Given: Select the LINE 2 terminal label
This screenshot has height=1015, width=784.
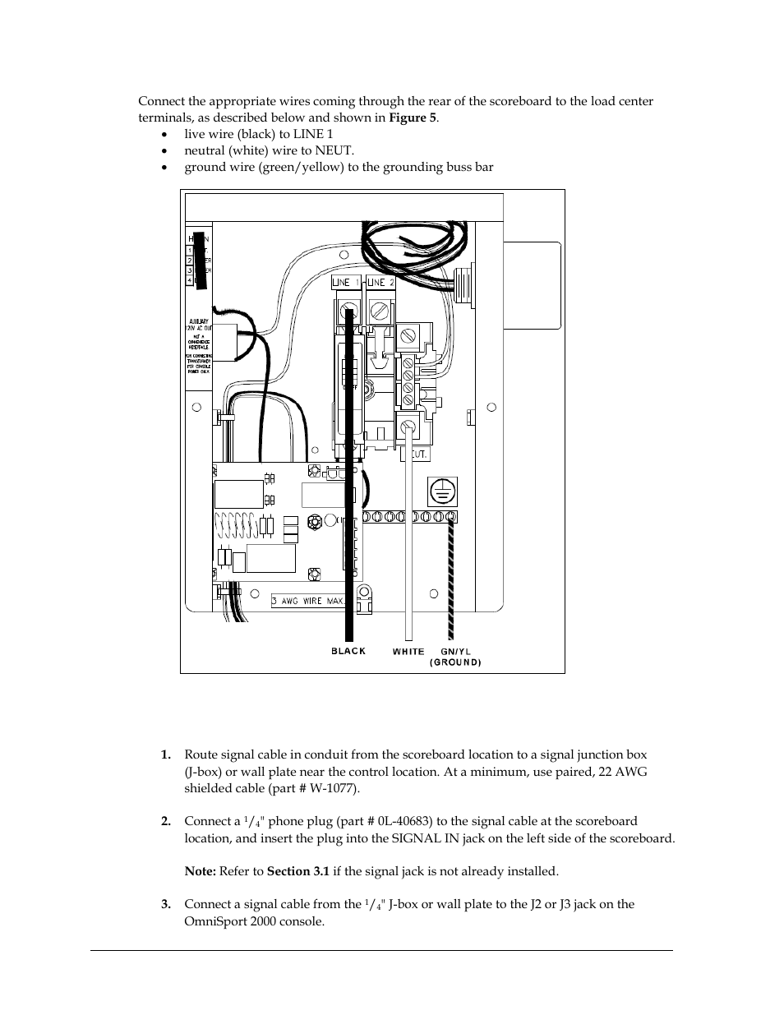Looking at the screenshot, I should [x=380, y=283].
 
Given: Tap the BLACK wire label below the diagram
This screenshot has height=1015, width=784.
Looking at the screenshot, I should [x=348, y=651].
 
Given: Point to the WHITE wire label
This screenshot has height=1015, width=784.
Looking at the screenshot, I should [x=408, y=651].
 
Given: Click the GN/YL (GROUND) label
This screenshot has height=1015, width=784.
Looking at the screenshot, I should [x=455, y=657].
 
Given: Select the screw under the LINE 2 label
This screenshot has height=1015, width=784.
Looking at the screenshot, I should [x=379, y=310].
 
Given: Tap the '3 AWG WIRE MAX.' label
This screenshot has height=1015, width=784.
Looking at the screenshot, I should [x=307, y=601].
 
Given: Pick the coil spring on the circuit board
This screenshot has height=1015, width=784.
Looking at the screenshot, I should [x=238, y=526].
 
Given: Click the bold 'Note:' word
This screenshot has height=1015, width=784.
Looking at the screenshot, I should [x=200, y=871].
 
